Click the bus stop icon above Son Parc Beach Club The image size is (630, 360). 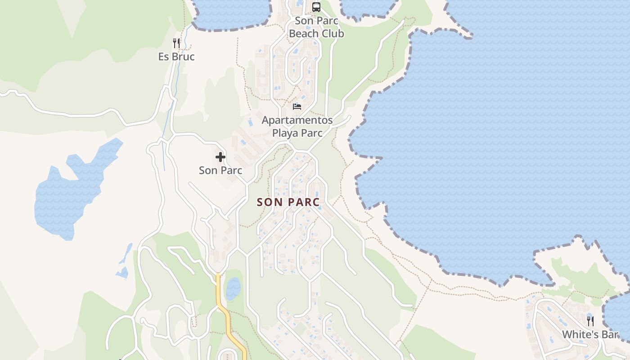click(x=316, y=7)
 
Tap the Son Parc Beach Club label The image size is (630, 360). click(x=316, y=27)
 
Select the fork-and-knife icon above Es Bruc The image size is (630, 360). click(x=176, y=43)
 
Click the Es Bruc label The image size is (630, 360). click(x=176, y=57)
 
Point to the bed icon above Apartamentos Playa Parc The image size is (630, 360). click(x=297, y=107)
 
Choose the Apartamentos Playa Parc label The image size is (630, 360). click(x=297, y=126)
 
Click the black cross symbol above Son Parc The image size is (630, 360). click(x=220, y=157)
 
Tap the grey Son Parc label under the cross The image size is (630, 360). click(x=220, y=171)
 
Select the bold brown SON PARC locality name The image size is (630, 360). click(x=288, y=202)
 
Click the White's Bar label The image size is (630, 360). click(x=590, y=335)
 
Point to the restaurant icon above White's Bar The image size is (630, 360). click(x=590, y=321)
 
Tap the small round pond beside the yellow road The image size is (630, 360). click(x=233, y=288)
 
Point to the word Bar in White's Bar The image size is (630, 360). click(x=610, y=335)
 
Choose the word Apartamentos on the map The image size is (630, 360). click(x=297, y=120)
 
